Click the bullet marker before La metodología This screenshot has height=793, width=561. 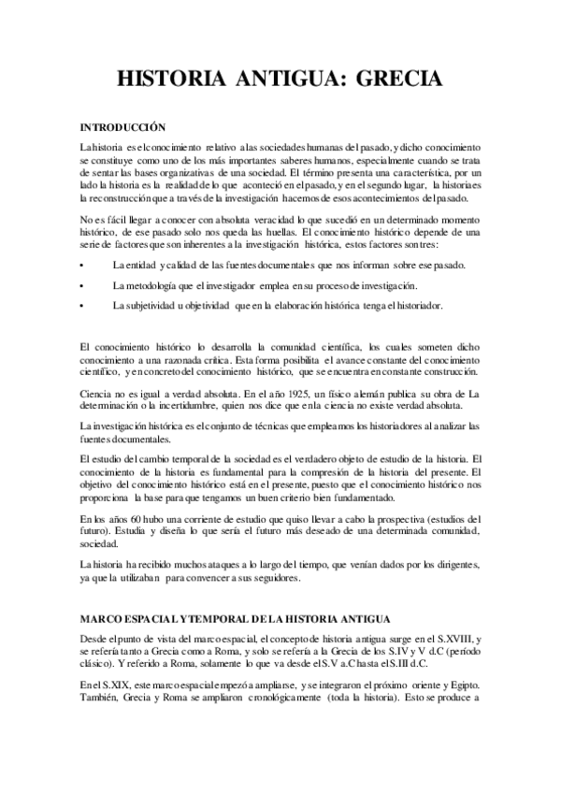(83, 285)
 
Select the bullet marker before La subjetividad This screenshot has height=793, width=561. (83, 306)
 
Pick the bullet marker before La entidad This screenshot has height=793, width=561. (83, 266)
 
